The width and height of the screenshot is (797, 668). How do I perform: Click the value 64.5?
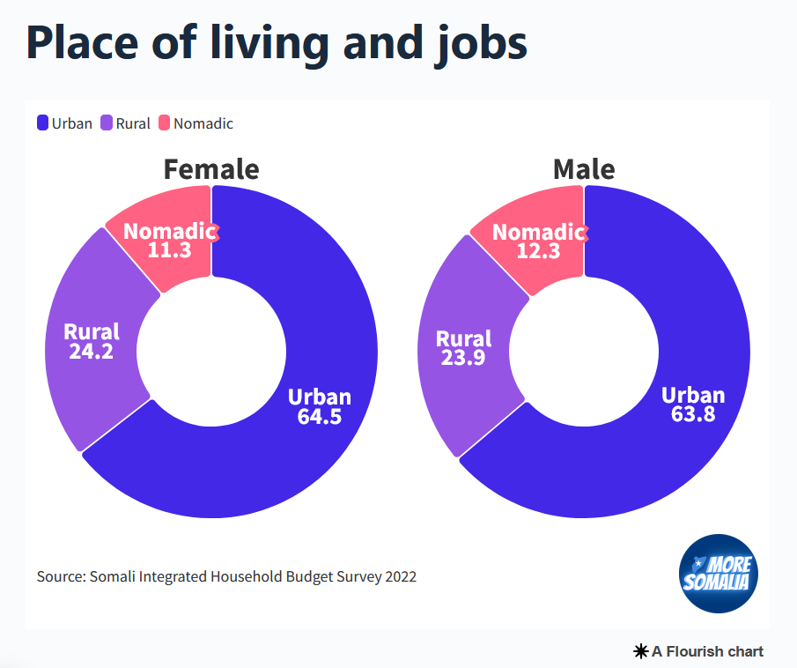point(319,417)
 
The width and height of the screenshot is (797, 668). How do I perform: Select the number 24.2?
point(91,351)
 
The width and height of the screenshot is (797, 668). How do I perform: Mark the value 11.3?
point(169,250)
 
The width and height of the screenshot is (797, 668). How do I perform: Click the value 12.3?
point(537,251)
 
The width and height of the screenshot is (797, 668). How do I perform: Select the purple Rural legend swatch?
point(107,123)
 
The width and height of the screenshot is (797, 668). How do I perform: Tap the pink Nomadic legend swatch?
point(165,123)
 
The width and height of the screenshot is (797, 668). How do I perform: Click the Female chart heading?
point(211,168)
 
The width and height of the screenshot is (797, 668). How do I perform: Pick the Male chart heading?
point(583,168)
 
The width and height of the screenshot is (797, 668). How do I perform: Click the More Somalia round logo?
point(719,574)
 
